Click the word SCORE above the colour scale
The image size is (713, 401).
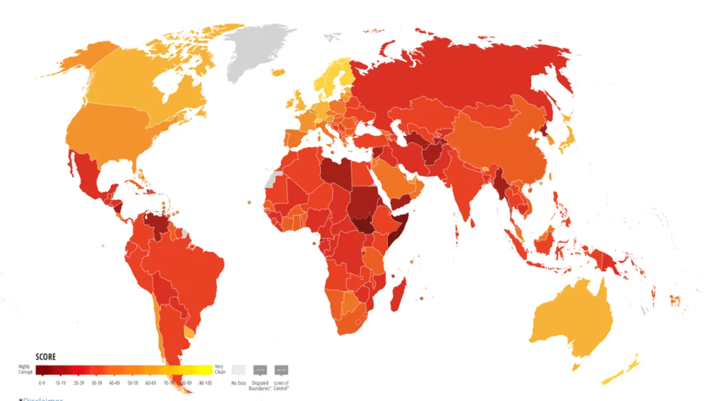(x=46, y=357)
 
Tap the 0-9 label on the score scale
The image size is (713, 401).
(x=41, y=383)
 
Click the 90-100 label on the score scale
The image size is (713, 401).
(x=205, y=383)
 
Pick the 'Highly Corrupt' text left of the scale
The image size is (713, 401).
(x=25, y=369)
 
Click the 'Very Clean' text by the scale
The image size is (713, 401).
(x=220, y=369)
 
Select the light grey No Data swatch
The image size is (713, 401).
(x=238, y=370)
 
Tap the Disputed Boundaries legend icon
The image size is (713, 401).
(x=260, y=370)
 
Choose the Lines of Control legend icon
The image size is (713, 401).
(x=281, y=370)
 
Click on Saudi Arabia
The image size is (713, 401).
(x=393, y=178)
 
